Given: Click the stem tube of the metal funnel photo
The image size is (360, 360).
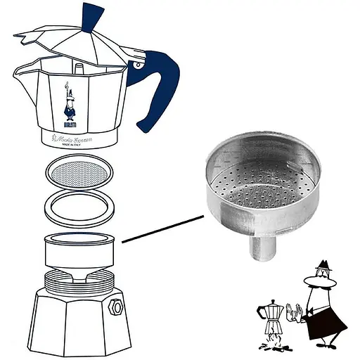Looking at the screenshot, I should (260, 250).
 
